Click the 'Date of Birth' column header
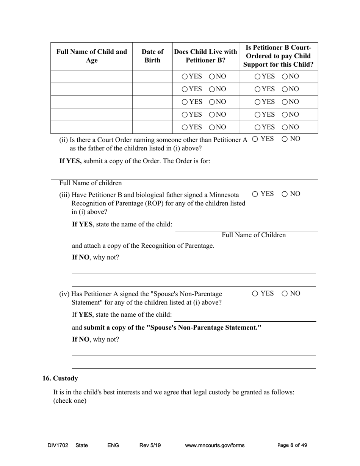152,56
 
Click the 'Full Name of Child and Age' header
92,56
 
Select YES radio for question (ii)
255,139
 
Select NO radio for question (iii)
285,194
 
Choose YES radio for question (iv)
255,294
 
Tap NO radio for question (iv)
285,294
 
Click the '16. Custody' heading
60,378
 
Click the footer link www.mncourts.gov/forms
214,446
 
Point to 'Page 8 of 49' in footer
292,446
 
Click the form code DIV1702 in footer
58,446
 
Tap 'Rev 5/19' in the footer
150,446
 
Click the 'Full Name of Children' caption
254,235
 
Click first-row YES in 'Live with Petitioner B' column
185,77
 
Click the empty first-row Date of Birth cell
152,77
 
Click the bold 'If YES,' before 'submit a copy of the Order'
70,161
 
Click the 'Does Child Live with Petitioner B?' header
205,56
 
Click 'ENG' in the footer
113,446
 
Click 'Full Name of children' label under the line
90,183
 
